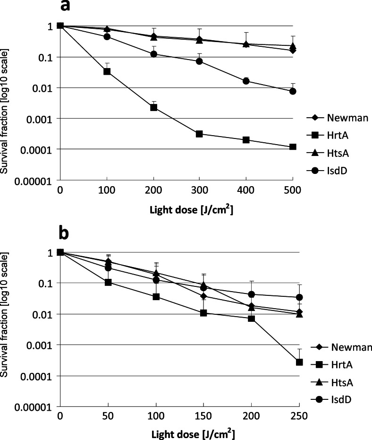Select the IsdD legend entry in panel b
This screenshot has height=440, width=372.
pos(331,400)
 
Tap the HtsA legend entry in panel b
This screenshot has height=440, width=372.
pos(331,383)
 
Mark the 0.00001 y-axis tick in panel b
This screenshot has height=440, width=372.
pos(37,406)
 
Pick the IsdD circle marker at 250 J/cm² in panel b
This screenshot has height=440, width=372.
pos(299,297)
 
